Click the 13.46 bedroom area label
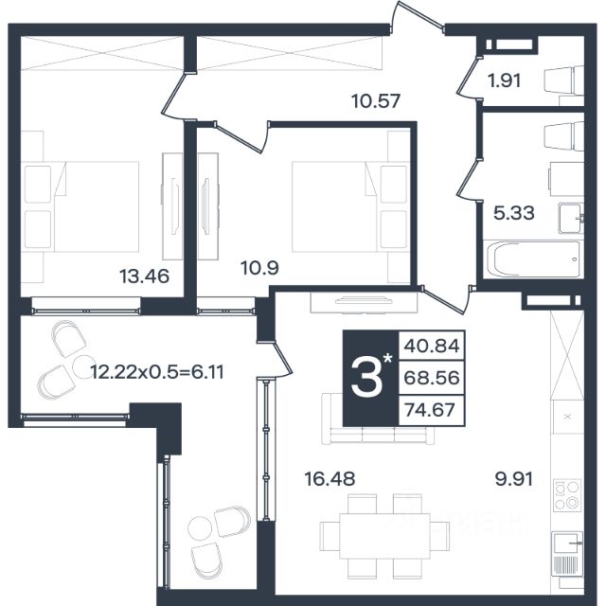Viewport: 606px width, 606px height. pos(144,276)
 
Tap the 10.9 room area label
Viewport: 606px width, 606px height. pos(259,267)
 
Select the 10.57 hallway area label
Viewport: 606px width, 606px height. pos(376,101)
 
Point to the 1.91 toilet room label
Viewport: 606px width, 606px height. pos(505,80)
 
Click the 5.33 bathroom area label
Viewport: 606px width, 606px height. pos(514,212)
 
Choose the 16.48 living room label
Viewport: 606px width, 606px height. pos(330,479)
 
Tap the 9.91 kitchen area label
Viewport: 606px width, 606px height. pos(514,479)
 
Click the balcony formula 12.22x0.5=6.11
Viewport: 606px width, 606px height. pos(157,372)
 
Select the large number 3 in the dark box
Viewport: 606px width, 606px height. pos(366,378)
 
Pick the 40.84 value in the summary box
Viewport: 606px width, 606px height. pos(432,346)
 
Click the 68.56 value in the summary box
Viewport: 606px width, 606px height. pos(432,378)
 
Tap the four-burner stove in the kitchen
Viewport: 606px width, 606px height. pos(567,495)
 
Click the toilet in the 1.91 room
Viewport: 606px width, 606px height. pos(564,80)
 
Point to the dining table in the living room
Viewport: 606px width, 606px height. pos(385,536)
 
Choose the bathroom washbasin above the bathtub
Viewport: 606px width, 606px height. pos(571,219)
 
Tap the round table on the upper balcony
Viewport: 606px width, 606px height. pos(84,366)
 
